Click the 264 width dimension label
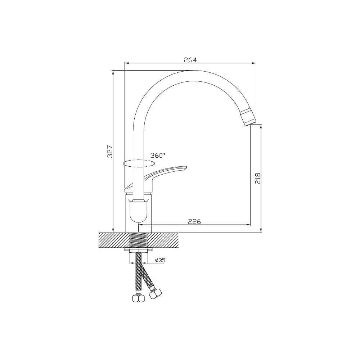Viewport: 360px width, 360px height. [x=190, y=60]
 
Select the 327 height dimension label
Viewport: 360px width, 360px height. [x=111, y=151]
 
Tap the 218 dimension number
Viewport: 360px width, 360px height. [x=258, y=178]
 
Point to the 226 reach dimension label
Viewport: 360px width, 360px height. [x=194, y=221]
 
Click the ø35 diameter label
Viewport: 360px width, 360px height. [x=160, y=260]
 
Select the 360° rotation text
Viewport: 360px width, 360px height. [x=158, y=156]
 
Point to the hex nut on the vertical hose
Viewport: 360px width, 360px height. [x=139, y=298]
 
